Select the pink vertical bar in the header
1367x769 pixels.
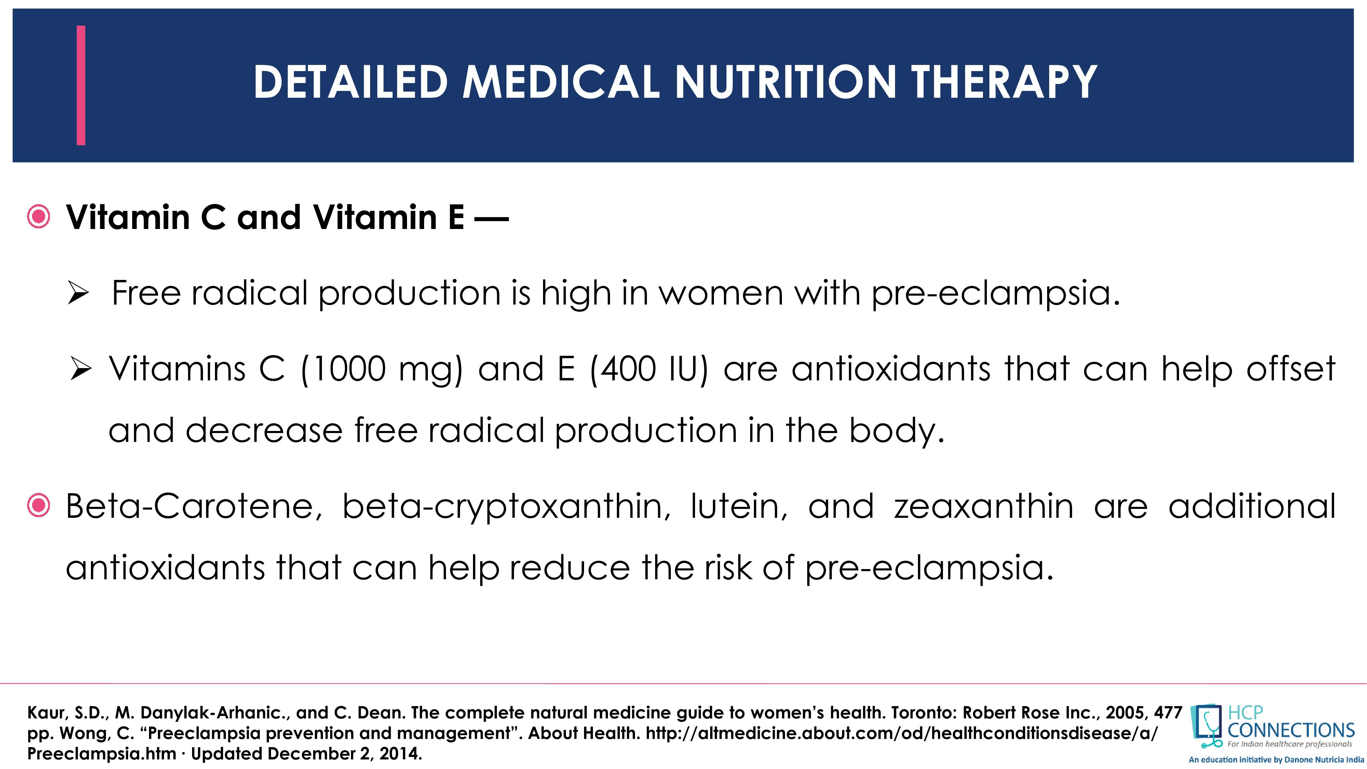pyautogui.click(x=81, y=85)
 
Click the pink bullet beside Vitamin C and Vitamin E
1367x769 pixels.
pyautogui.click(x=39, y=217)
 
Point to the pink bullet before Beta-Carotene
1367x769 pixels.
pyautogui.click(x=39, y=506)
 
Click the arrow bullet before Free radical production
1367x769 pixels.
pyautogui.click(x=78, y=294)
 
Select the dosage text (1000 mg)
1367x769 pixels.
pyautogui.click(x=381, y=370)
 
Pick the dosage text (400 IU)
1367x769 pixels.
pyautogui.click(x=649, y=370)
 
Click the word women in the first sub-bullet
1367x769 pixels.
pyautogui.click(x=721, y=294)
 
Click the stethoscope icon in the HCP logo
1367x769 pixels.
pyautogui.click(x=1207, y=726)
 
